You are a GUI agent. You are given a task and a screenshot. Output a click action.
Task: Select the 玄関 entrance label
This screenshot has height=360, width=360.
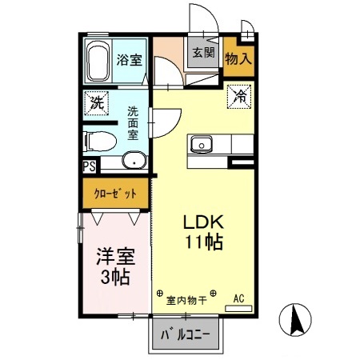point(203,54)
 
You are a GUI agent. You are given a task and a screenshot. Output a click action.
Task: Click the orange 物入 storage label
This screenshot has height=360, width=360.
point(238,58)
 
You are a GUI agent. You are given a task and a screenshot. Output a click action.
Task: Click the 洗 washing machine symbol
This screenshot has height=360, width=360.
point(97,103)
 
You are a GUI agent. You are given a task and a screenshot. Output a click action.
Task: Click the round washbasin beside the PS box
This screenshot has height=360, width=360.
point(134,162)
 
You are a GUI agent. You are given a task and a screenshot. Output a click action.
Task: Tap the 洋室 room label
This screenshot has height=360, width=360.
point(115,258)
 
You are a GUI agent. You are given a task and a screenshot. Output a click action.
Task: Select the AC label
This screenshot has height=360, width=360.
point(238,299)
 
